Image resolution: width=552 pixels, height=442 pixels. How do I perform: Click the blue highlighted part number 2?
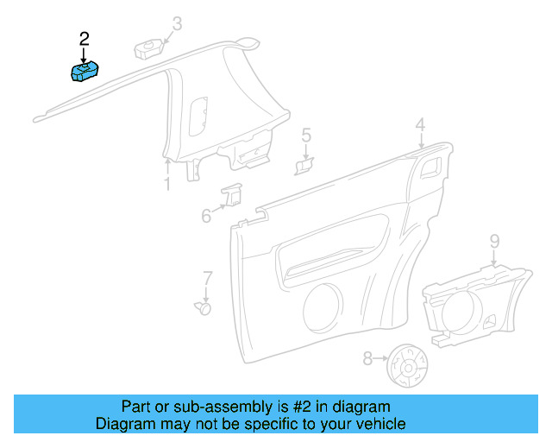(x=85, y=71)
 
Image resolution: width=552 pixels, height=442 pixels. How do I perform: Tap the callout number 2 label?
(x=84, y=38)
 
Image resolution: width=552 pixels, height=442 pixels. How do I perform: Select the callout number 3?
(x=177, y=23)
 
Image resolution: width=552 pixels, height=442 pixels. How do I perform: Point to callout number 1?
(x=167, y=184)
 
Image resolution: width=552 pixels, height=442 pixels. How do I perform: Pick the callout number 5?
(x=306, y=136)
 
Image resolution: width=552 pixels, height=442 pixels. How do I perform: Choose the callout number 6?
(x=207, y=216)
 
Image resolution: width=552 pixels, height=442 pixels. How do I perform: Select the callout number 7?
(x=207, y=277)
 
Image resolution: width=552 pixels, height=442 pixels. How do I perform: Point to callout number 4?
(x=420, y=126)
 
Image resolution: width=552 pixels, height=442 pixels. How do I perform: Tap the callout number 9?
(x=494, y=239)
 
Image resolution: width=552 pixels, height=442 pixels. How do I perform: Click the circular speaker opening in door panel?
(x=323, y=305)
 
